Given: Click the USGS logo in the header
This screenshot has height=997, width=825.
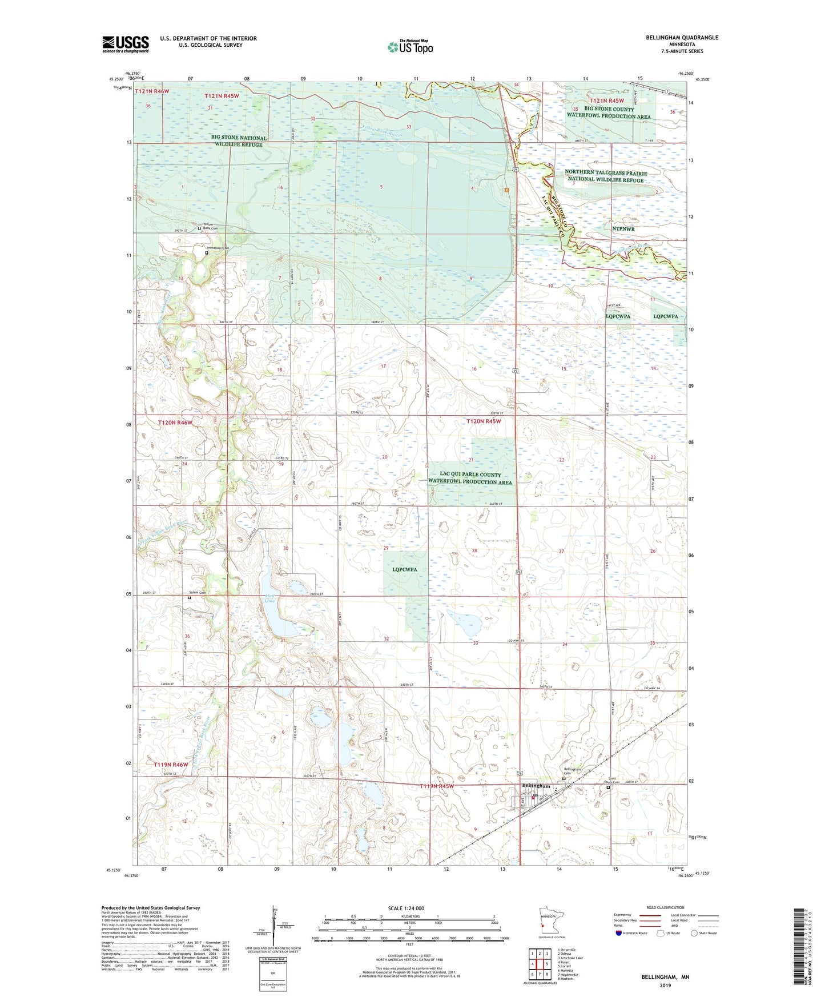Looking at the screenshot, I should (125, 44).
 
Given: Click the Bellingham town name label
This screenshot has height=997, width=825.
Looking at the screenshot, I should (536, 786).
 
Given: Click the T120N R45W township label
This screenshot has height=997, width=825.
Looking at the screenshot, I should (483, 421).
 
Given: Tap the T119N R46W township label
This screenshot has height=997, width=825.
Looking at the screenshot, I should (171, 764).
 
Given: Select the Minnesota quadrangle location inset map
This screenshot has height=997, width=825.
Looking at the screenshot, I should (552, 924).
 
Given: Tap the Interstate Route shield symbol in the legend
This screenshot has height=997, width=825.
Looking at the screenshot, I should (619, 933).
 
